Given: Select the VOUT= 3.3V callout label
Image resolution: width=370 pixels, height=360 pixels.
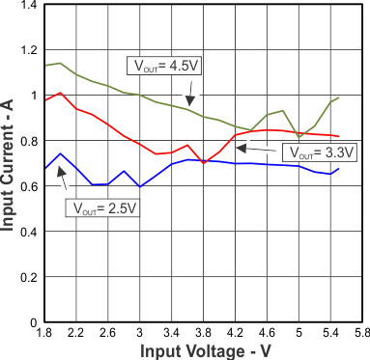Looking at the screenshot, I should (317, 152).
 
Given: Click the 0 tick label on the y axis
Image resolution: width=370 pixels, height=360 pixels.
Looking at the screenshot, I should (31, 321).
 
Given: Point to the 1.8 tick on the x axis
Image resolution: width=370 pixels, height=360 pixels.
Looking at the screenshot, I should (43, 333).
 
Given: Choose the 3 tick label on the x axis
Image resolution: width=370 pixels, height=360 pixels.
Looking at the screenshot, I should (139, 333).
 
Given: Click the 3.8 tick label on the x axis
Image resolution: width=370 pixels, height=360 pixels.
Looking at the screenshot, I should (204, 333).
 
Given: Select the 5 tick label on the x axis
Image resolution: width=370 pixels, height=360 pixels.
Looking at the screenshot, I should (299, 333).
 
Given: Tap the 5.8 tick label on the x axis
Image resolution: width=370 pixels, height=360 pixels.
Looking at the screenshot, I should (362, 333).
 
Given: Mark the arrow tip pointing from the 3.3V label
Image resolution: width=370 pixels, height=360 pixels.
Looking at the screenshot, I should (239, 148).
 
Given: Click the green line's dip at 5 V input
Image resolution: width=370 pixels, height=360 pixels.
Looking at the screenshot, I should (299, 138).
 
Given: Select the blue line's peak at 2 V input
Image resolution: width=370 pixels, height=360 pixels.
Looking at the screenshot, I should (60, 153).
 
